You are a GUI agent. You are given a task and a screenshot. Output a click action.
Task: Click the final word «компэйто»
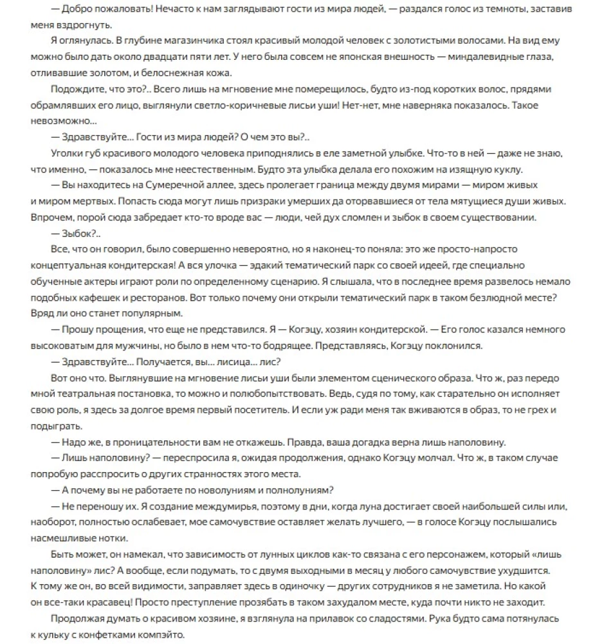(160, 634)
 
